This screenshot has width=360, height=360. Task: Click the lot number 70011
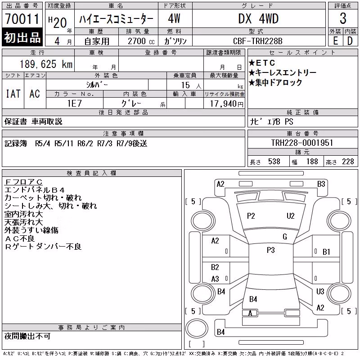[x=22, y=19]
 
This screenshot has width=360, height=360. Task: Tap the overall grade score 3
[x=343, y=18]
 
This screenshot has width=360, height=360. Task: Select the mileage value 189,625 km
[x=46, y=64]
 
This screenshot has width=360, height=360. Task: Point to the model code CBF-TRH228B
[x=257, y=41]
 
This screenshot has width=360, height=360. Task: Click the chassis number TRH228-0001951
[x=302, y=143]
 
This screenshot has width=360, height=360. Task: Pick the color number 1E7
[x=74, y=103]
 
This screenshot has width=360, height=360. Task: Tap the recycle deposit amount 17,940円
[x=227, y=104]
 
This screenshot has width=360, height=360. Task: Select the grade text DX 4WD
[x=258, y=19]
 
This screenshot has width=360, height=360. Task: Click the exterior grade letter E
[x=335, y=41]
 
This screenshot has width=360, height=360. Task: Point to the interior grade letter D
[x=350, y=41]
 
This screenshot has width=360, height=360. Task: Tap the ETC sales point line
[x=262, y=63]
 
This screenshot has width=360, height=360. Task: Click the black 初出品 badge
[x=22, y=37]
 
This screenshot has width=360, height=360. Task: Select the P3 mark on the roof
[x=271, y=250]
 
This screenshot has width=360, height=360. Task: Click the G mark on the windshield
[x=285, y=237]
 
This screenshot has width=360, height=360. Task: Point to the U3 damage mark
[x=320, y=292]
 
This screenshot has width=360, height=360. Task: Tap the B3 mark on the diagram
[x=321, y=184]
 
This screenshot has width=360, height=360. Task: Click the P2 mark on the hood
[x=251, y=216]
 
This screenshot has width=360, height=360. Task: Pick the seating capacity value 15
[x=185, y=85]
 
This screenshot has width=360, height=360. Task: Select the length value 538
[x=274, y=162]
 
